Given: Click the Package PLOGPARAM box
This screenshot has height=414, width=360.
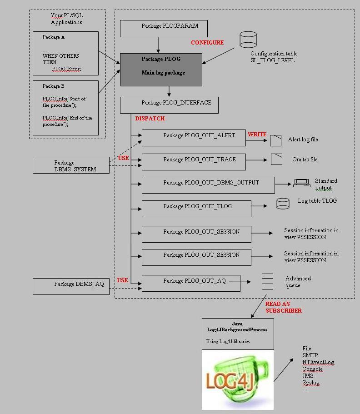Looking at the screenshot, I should (x=164, y=28).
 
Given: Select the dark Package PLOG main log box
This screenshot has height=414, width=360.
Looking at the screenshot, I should (x=161, y=70).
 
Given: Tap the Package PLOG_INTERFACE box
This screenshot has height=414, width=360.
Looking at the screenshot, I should (x=169, y=105).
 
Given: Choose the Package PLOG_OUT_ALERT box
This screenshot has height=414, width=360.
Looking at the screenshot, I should (x=194, y=138).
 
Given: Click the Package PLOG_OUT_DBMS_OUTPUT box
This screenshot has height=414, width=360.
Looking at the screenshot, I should (x=208, y=185).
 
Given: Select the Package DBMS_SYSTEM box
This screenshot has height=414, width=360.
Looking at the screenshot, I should (x=71, y=165).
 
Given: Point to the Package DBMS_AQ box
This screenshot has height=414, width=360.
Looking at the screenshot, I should (x=71, y=286).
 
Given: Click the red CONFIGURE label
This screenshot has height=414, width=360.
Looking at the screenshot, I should (x=207, y=42).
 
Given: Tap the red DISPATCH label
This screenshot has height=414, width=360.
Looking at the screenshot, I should (x=150, y=118).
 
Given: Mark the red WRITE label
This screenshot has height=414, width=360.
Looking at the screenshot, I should (x=257, y=135).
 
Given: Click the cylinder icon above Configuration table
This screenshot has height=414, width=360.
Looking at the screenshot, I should (x=248, y=40).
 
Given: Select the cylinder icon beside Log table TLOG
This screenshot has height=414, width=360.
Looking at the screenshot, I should (x=283, y=204).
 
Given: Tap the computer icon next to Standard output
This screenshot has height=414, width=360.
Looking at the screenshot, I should (x=301, y=183).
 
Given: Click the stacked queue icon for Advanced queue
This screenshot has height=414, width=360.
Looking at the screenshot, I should (x=267, y=281).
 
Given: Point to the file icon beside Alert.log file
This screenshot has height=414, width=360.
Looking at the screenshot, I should (x=275, y=140).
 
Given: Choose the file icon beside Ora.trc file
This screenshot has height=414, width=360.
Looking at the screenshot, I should (x=276, y=159).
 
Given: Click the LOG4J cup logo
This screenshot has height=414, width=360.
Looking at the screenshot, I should (x=237, y=379).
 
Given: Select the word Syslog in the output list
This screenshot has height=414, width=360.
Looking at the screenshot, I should (x=311, y=383).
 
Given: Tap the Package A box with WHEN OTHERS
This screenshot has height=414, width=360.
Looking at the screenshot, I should (x=65, y=53).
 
